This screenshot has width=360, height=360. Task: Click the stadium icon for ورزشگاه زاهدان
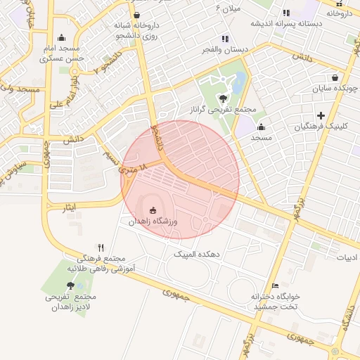tap(153, 210)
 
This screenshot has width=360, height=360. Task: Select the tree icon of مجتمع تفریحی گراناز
tap(224, 99)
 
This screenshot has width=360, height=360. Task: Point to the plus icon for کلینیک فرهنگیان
tap(321, 115)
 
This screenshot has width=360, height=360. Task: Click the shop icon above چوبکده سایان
tap(335, 77)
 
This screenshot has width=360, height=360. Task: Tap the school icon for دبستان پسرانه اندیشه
tap(285, 13)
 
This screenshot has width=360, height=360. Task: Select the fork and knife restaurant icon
tap(101, 247)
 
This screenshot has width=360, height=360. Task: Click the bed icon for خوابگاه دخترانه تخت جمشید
tap(275, 285)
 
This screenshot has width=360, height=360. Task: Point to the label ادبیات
tap(347, 257)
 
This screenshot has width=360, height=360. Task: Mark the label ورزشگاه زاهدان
tap(154, 221)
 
